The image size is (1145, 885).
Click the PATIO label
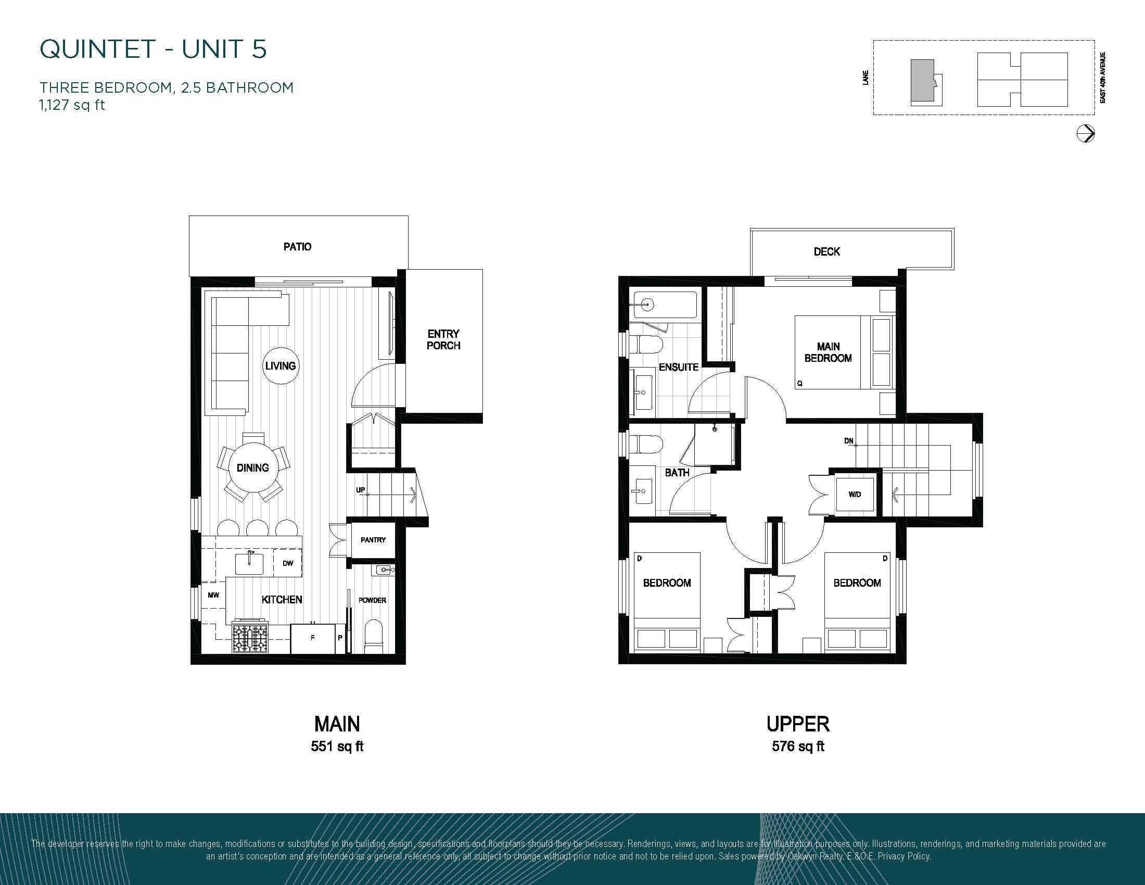(297, 246)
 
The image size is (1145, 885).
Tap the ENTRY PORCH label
(443, 340)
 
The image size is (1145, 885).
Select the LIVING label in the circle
(281, 366)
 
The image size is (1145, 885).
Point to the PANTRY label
(373, 540)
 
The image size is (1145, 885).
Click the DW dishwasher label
(288, 563)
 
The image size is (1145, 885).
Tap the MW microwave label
(213, 595)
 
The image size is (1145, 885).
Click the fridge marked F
(313, 638)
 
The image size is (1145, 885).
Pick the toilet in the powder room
(373, 637)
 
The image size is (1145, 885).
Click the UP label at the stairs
(361, 490)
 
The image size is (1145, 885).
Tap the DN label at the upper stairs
(849, 441)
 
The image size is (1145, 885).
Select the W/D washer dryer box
(855, 495)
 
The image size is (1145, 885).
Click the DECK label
(827, 251)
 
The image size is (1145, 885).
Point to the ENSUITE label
(678, 367)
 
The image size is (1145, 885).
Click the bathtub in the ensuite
(665, 305)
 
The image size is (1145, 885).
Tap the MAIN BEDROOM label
(829, 352)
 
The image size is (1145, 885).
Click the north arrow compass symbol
(1086, 134)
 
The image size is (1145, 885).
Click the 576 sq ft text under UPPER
(798, 746)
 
